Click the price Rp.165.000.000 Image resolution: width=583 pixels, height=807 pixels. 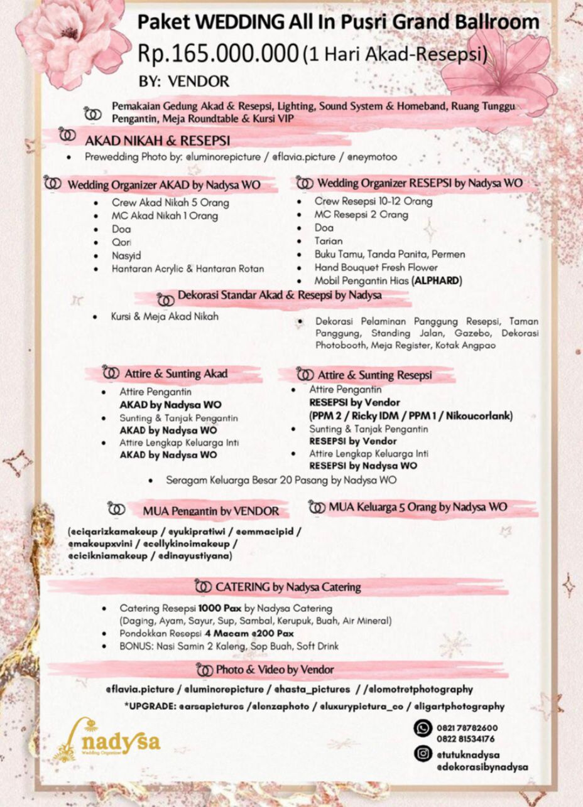point(217,54)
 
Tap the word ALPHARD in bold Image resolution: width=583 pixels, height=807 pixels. point(437,281)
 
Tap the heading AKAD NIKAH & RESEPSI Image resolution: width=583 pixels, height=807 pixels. point(157,139)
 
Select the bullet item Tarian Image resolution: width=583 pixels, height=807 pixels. point(329,241)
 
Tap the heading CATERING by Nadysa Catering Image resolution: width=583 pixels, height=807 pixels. point(288,587)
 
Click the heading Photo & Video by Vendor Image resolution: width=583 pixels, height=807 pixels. point(275,670)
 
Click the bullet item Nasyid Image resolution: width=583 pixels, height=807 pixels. point(126,255)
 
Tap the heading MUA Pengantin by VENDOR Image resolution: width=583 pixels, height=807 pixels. point(210,511)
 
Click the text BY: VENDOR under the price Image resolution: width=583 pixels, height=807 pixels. point(184,82)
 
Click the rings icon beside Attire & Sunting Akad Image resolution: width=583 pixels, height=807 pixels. point(111,373)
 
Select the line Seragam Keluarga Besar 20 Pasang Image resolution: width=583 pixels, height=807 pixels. point(281,480)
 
